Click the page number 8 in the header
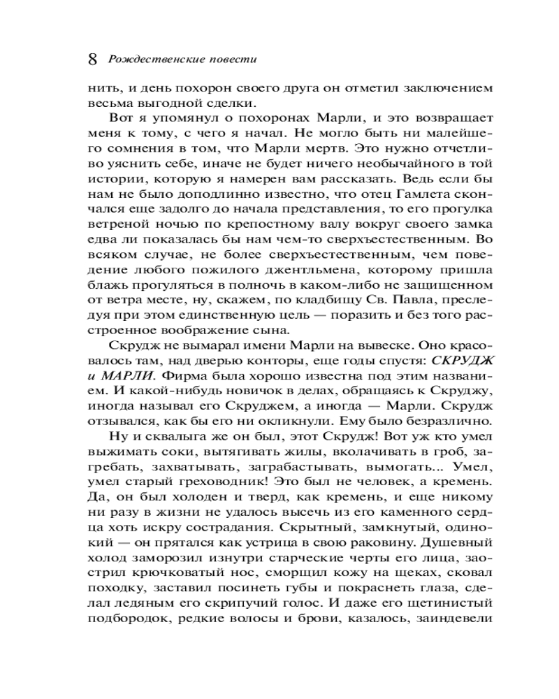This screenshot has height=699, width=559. [x=92, y=59]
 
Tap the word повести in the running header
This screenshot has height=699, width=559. [x=232, y=59]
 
